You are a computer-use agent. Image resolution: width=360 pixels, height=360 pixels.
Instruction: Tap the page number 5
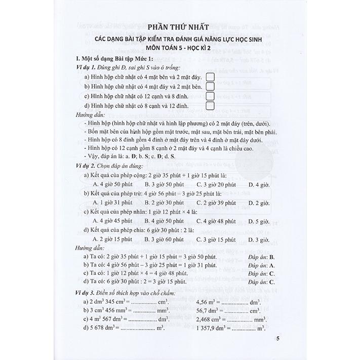coord(275,338)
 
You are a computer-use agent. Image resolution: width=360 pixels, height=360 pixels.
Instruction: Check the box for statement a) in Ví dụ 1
coord(211,76)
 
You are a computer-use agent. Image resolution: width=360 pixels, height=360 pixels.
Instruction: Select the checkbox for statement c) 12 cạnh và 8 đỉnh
coord(211,96)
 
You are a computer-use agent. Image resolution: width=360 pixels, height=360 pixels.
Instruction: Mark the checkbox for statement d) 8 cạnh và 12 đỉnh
coord(211,106)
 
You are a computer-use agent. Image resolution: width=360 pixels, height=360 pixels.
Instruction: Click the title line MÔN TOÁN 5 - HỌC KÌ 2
coord(180,48)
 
